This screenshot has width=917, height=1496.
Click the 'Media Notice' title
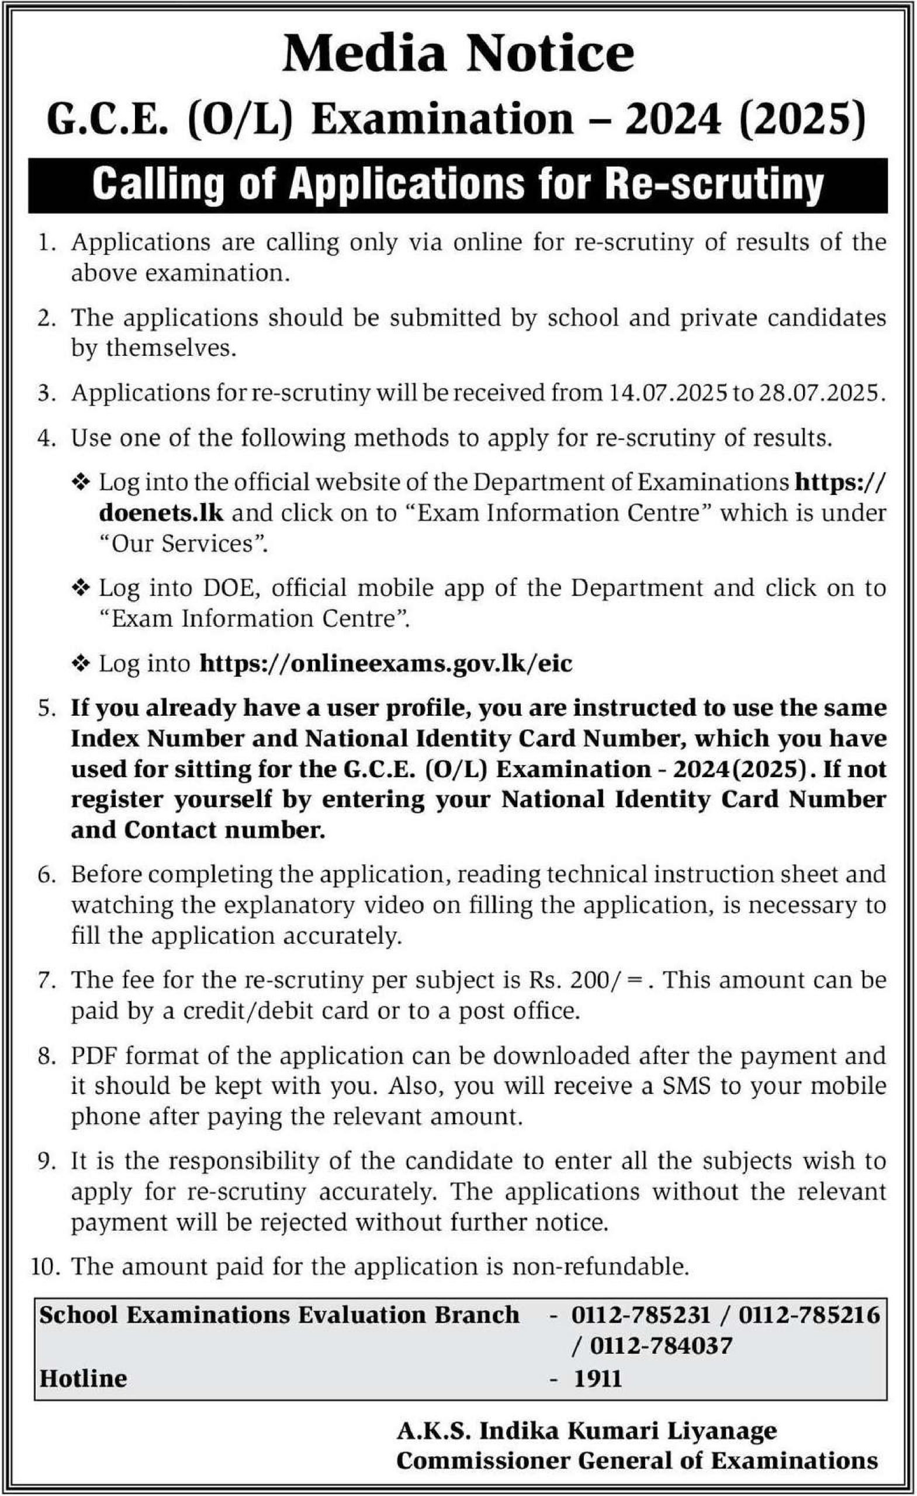458,55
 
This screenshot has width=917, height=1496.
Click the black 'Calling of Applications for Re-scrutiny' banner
458,185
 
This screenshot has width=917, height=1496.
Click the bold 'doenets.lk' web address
161,513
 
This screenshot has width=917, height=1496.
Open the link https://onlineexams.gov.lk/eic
386,664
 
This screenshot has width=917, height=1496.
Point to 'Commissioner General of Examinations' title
637,1460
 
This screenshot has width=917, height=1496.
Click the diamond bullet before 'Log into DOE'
81,588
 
